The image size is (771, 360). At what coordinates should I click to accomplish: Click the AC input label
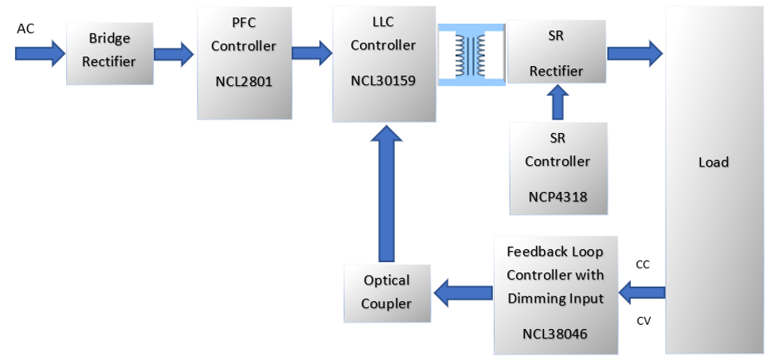[25, 29]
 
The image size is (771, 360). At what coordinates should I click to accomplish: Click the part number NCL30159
[384, 80]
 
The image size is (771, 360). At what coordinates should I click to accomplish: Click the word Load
[713, 162]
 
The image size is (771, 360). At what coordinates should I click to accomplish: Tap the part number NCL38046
[555, 335]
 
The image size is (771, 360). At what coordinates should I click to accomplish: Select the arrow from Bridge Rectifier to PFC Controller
[173, 54]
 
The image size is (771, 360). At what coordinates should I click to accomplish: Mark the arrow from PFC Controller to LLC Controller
[310, 54]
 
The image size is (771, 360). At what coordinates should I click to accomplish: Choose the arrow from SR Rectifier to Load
[635, 53]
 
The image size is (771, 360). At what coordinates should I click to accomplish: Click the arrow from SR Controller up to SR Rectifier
[558, 103]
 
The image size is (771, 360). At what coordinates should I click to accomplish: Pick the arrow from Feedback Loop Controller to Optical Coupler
[461, 293]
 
